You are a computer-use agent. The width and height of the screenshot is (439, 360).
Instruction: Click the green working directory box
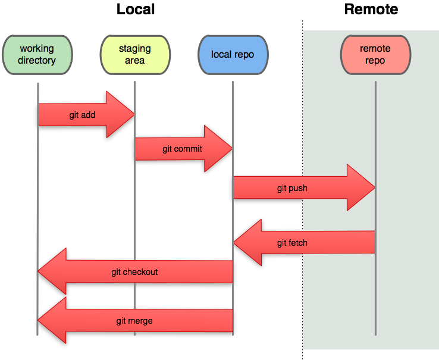tap(37, 54)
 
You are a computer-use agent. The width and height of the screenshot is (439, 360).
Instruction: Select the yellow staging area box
tap(135, 54)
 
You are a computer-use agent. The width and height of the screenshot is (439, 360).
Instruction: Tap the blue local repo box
tap(233, 54)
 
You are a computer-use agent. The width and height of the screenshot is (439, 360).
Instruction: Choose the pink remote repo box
tap(375, 54)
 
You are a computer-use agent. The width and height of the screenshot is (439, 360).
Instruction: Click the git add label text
tap(82, 115)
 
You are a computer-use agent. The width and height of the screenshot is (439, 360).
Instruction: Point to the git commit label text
tap(182, 149)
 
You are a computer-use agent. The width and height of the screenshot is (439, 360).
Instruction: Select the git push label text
tap(292, 188)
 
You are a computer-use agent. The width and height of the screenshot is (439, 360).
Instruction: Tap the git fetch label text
tap(292, 243)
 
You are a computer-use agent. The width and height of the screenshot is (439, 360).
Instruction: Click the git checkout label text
tap(134, 272)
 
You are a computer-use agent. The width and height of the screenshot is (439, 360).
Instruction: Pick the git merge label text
tap(134, 321)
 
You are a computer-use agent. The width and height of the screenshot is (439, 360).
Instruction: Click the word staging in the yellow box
tap(135, 49)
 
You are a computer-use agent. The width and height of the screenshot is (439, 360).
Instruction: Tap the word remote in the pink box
tap(375, 49)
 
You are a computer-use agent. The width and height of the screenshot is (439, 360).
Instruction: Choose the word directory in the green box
tap(37, 60)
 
